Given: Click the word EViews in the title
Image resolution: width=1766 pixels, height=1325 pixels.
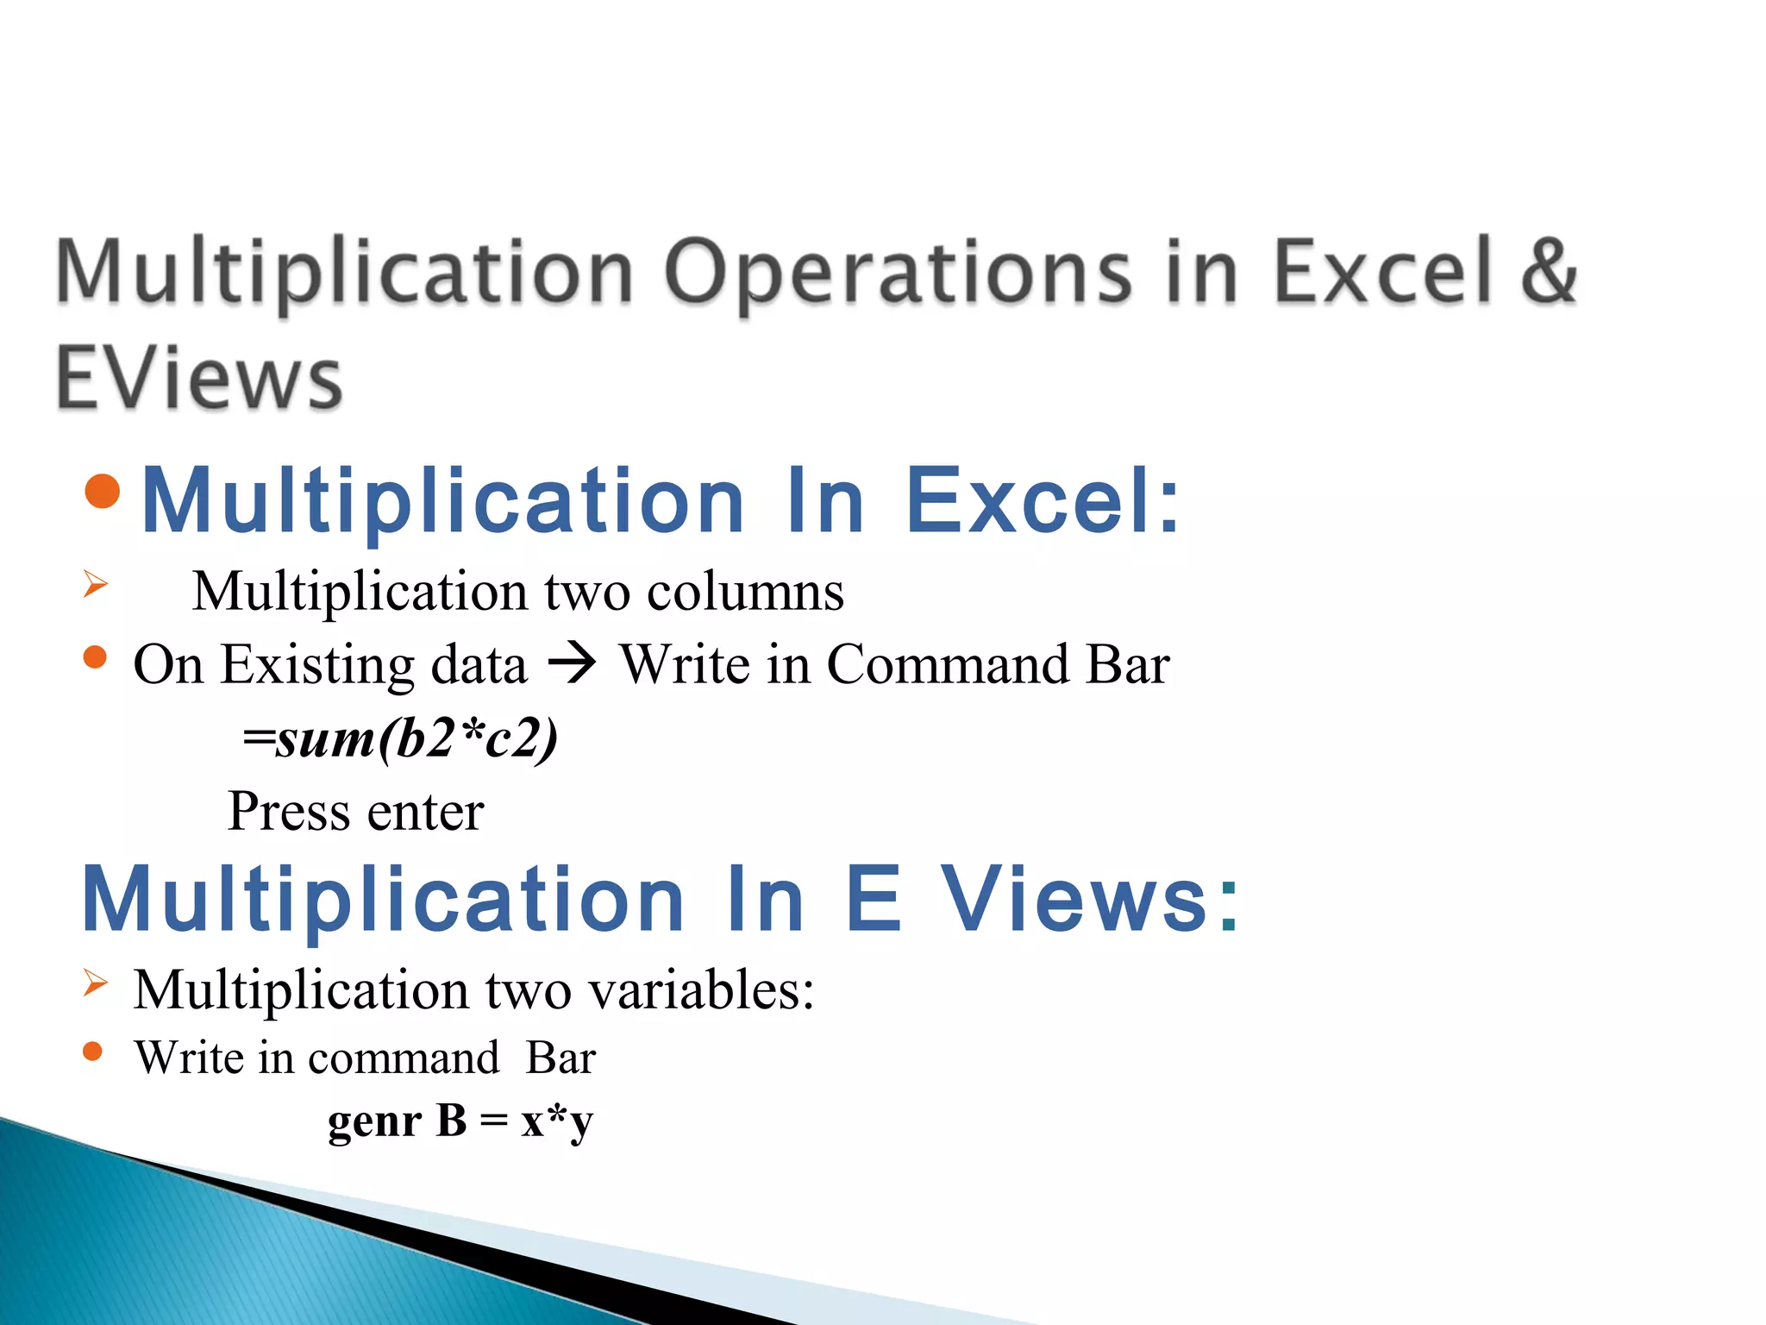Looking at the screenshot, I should tap(199, 378).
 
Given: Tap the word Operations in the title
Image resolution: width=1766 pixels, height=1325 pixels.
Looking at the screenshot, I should tap(897, 273).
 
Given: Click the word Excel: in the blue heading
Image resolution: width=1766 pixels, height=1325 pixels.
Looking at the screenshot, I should tap(1043, 501).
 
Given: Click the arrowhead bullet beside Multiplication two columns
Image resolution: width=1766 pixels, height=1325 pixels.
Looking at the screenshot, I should tap(96, 584).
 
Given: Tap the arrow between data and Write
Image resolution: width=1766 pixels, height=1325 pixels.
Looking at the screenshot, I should tap(573, 664).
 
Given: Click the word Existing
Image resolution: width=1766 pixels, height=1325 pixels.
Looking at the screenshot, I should tap(373, 666).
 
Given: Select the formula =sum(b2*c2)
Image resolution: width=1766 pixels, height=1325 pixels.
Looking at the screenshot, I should tap(400, 739).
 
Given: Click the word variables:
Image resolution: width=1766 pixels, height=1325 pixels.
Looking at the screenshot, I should tap(701, 989).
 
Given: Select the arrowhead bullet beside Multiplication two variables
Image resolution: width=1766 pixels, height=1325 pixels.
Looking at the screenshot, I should tap(96, 983).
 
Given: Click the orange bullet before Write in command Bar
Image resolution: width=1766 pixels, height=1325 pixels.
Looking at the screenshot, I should tap(93, 1052).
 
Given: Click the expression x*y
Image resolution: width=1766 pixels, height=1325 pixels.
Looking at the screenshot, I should tap(557, 1122).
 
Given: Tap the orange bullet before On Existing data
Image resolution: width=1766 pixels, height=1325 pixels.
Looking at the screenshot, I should tap(95, 658).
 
